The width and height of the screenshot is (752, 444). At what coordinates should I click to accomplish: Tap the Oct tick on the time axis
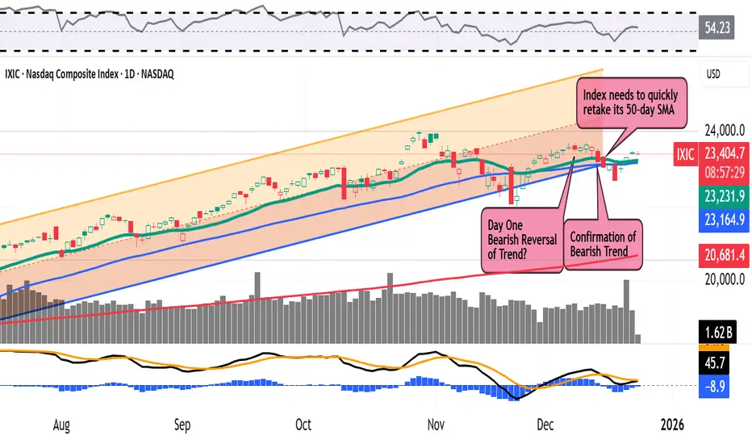[x=303, y=424]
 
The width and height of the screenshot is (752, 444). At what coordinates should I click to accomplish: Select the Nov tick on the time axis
[x=437, y=424]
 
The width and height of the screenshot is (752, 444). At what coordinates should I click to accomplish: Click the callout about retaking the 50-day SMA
[x=634, y=103]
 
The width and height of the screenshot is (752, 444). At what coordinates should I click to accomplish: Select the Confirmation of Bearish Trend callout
[x=603, y=245]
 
